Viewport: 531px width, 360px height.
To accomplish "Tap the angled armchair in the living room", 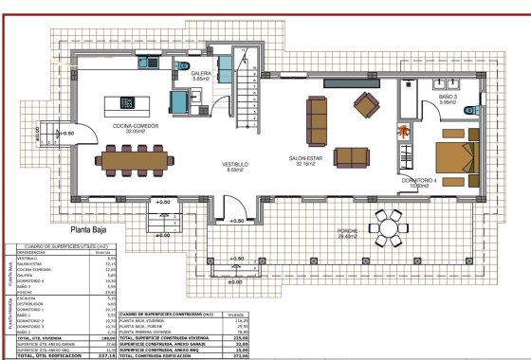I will tap(365, 101).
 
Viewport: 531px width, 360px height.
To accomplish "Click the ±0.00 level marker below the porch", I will tap(234, 281).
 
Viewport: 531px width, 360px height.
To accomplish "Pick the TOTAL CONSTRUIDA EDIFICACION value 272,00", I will tap(240, 354).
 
